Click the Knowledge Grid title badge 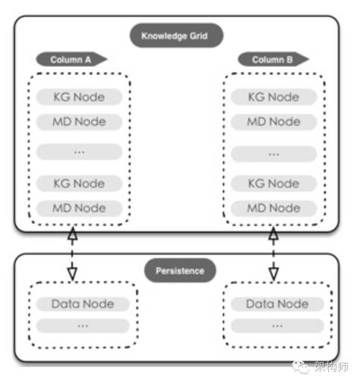176,36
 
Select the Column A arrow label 71,59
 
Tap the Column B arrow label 273,59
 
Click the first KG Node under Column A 79,97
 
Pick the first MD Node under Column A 79,121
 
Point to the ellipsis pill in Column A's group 79,152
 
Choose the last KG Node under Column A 79,184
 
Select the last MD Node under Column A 79,208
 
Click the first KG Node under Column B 273,97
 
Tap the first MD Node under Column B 273,121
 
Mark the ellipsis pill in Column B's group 273,154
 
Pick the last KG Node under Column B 273,184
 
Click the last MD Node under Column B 273,208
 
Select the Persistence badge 180,270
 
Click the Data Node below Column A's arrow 83,304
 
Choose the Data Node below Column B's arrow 277,304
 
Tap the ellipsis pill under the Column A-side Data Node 83,326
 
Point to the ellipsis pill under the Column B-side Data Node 277,326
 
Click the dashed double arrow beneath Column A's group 72,253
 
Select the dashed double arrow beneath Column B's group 273,253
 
